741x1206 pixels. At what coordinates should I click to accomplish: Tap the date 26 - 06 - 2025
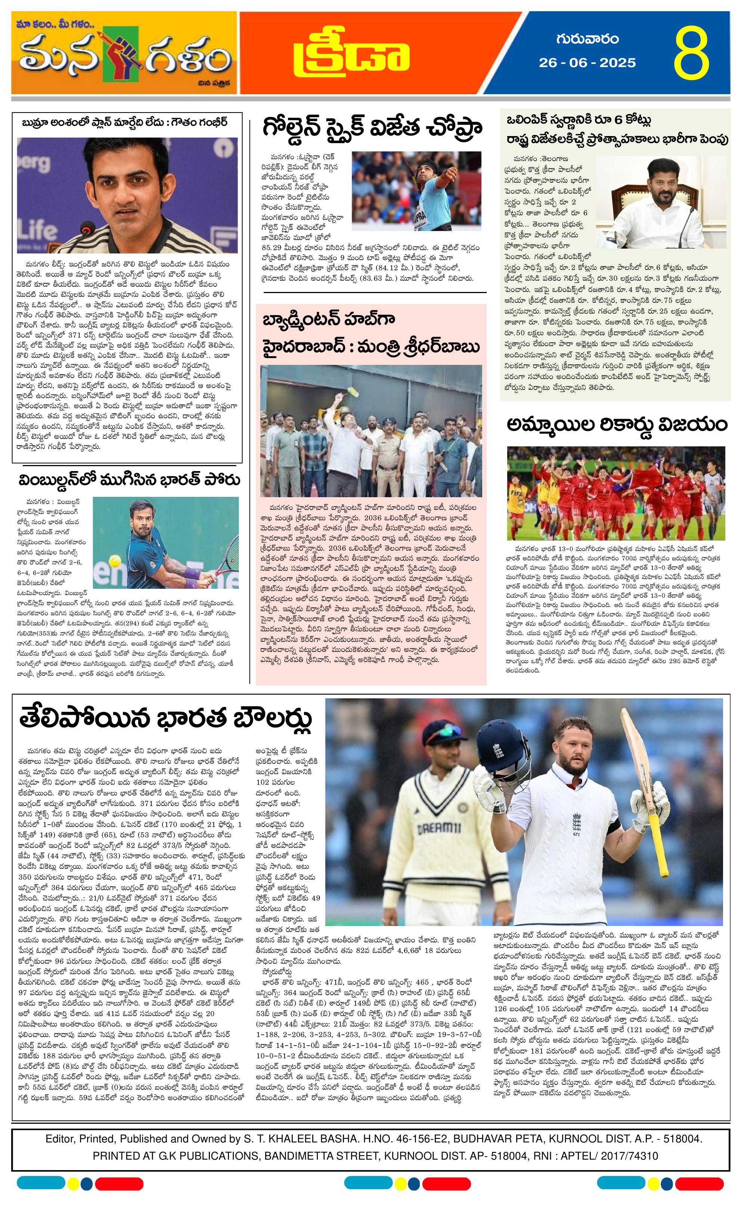[x=587, y=63]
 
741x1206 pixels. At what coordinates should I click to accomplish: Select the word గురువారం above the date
[x=587, y=39]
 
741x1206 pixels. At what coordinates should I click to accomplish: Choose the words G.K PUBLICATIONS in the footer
[x=207, y=1156]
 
